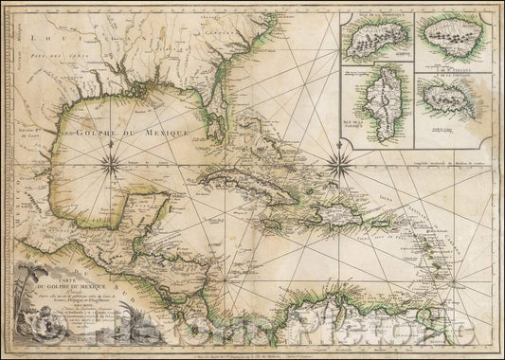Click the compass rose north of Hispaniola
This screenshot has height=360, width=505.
[x=363, y=166]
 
